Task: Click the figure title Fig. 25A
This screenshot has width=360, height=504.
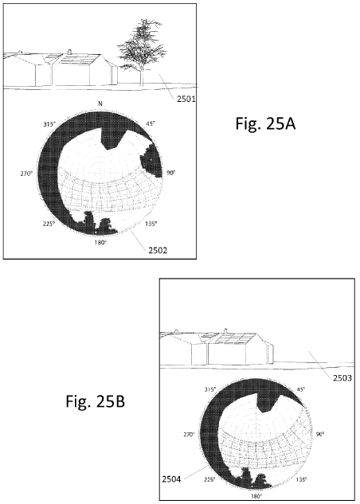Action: [x=265, y=123]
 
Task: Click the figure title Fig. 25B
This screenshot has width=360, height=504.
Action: [x=95, y=400]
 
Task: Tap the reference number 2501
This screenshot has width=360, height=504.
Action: [x=186, y=99]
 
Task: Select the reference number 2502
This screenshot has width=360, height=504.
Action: [x=158, y=250]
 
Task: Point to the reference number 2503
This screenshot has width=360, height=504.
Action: [x=342, y=377]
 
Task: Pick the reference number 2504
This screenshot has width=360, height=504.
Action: [x=171, y=479]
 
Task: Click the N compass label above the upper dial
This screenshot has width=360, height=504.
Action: [x=100, y=104]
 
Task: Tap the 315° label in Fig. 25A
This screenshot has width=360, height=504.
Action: [x=49, y=124]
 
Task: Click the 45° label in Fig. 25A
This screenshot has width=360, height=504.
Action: [x=150, y=123]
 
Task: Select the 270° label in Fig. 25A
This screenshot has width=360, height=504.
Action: [x=26, y=174]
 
